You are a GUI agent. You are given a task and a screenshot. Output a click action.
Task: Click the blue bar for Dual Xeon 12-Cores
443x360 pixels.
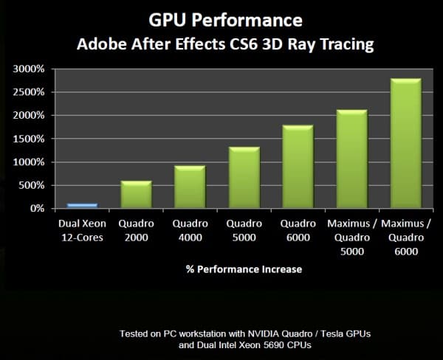coord(82,205)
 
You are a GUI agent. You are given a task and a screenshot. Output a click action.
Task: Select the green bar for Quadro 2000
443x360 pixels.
coord(136,195)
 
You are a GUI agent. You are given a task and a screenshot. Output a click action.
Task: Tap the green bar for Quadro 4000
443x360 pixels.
coord(190,187)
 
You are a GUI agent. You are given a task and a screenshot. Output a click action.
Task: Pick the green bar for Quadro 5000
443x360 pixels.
coord(244,178)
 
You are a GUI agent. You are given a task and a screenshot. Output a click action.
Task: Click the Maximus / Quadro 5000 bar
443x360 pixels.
coord(351,159)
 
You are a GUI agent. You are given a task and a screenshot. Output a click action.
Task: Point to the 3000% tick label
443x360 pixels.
coord(29,69)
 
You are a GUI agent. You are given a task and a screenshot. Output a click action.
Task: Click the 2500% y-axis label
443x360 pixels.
coord(29,92)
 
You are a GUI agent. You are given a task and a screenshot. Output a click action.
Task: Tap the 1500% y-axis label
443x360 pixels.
coord(29,139)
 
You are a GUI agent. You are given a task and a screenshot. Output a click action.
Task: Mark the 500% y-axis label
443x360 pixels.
coord(32,185)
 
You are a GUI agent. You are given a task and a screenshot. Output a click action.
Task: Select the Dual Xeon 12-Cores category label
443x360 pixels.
coord(82,229)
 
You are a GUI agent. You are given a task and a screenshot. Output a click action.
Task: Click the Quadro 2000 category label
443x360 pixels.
coord(136,229)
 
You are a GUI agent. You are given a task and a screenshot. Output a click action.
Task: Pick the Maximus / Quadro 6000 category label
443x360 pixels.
coord(405,236)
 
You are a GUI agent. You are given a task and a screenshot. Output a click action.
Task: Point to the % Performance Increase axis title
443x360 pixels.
coord(243,269)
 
